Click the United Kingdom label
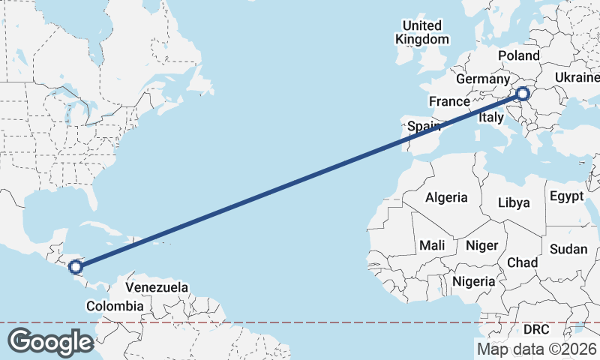pyautogui.click(x=422, y=32)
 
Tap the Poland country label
pyautogui.click(x=518, y=55)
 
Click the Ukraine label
pyautogui.click(x=577, y=77)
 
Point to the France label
pyautogui.click(x=449, y=101)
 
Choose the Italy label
pyautogui.click(x=491, y=118)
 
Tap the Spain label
pyautogui.click(x=423, y=127)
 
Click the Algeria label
pyautogui.click(x=446, y=198)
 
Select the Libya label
pyautogui.click(x=514, y=202)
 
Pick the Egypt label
pyautogui.click(x=566, y=196)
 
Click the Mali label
pyautogui.click(x=432, y=245)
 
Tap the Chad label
pyautogui.click(x=522, y=262)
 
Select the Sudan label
pyautogui.click(x=568, y=249)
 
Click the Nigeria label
pyautogui.click(x=473, y=281)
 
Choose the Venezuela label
pyautogui.click(x=156, y=287)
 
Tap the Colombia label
pyautogui.click(x=114, y=306)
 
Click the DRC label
pyautogui.click(x=536, y=329)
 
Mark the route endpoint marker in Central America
pyautogui.click(x=76, y=265)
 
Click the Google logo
pyautogui.click(x=50, y=342)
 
